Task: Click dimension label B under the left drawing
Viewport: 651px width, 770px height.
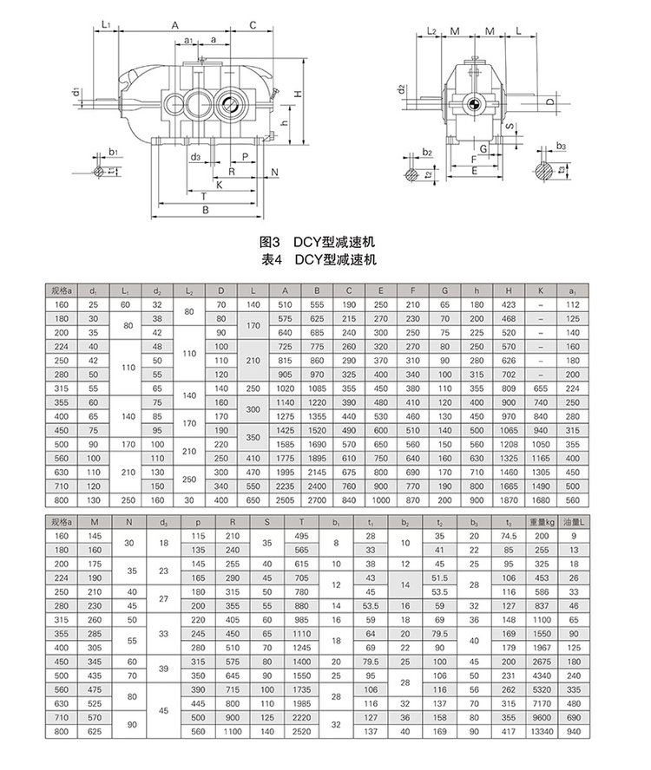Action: [x=205, y=211]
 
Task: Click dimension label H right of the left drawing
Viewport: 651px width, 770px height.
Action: [x=296, y=94]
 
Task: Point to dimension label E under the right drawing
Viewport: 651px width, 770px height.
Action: [x=474, y=172]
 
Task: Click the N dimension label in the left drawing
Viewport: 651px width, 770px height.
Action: [x=274, y=173]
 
